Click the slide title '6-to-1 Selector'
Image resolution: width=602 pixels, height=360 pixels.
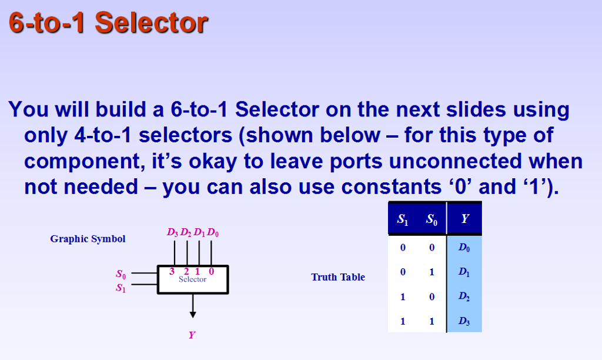108,23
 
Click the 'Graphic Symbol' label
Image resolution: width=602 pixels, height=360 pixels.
88,239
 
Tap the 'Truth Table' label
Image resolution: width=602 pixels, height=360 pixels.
338,277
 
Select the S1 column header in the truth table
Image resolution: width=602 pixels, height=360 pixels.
403,219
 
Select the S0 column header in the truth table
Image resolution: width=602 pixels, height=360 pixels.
432,219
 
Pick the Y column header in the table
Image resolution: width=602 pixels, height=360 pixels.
464,219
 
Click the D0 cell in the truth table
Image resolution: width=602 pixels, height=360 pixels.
464,248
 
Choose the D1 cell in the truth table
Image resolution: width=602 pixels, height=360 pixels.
464,272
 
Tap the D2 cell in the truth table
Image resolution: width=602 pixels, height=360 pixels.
464,297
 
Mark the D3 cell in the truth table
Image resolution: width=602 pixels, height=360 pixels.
464,322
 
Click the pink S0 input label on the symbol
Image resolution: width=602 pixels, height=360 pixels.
121,274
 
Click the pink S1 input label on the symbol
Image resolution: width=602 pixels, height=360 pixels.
121,288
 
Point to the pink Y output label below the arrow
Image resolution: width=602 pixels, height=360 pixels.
192,335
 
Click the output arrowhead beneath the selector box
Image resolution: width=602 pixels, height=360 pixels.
193,314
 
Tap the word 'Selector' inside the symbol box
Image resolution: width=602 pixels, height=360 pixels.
193,280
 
